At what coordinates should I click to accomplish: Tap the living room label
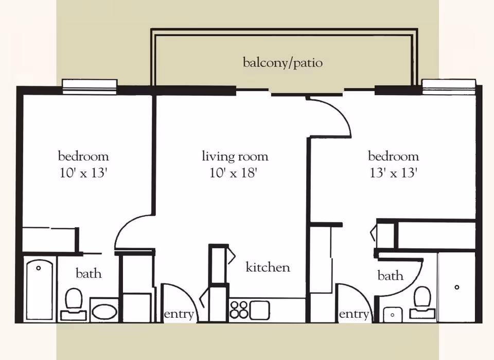235,156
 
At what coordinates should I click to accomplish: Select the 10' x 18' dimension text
233,173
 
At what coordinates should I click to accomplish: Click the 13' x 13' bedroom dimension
393,173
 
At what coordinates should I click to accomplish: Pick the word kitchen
268,267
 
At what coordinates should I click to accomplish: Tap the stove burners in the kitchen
239,310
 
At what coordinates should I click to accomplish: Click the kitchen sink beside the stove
260,310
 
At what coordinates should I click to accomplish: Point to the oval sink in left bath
104,311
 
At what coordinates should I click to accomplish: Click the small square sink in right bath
393,314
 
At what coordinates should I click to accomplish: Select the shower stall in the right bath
456,287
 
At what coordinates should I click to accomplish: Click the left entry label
179,314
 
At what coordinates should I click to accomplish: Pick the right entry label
354,314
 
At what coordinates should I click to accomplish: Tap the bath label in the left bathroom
89,273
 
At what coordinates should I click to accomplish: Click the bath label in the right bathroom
390,276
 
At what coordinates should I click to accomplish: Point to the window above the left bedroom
90,85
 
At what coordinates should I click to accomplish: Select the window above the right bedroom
449,85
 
